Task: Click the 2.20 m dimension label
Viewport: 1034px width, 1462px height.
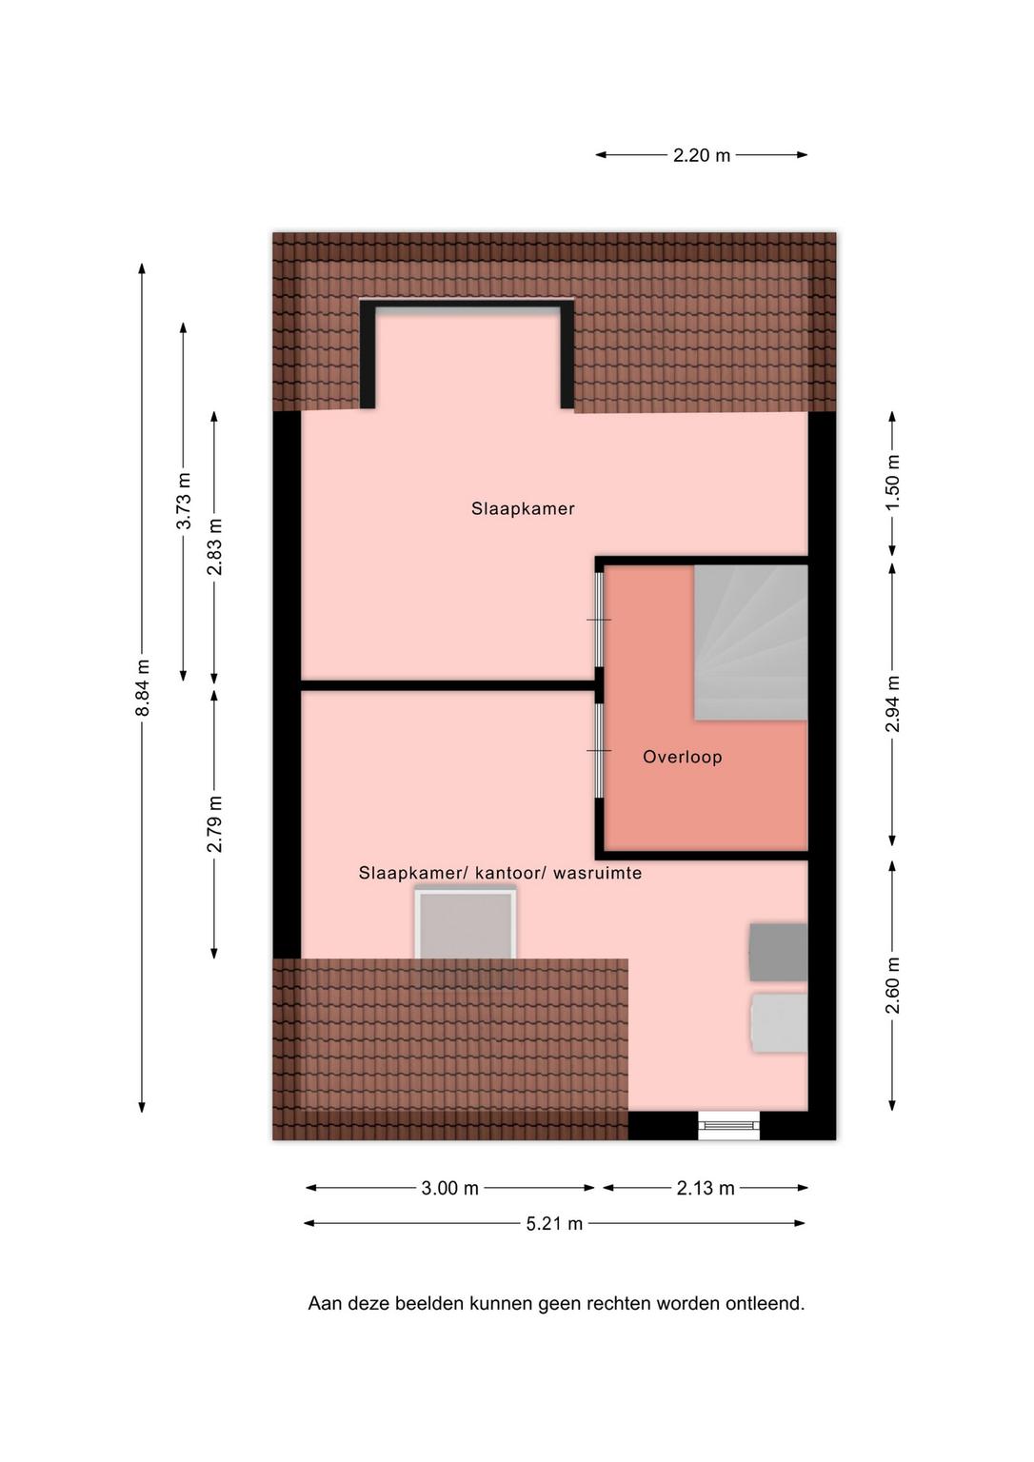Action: point(702,155)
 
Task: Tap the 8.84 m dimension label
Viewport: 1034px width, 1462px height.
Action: point(142,687)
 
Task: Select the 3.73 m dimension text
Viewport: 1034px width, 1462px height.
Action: point(184,501)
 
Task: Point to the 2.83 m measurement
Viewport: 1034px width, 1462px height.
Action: point(214,546)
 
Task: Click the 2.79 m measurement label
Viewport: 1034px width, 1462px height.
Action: point(214,823)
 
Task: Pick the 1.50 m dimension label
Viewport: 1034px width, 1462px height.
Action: point(892,483)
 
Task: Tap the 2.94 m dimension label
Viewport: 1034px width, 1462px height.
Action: point(892,703)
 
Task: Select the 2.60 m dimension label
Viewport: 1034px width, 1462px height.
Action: point(892,985)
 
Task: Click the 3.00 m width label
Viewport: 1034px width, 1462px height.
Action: point(449,1188)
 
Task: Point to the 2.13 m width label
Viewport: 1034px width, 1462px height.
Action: point(706,1188)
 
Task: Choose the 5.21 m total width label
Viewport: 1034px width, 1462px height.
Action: point(554,1223)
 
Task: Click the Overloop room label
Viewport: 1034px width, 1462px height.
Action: point(682,757)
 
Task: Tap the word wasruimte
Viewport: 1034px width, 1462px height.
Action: point(597,873)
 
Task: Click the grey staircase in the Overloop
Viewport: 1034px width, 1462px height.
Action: point(750,642)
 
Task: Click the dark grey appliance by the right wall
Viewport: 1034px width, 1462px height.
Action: point(778,952)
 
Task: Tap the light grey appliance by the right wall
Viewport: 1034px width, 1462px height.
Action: point(780,1022)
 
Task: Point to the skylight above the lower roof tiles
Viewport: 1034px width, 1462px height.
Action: point(466,923)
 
